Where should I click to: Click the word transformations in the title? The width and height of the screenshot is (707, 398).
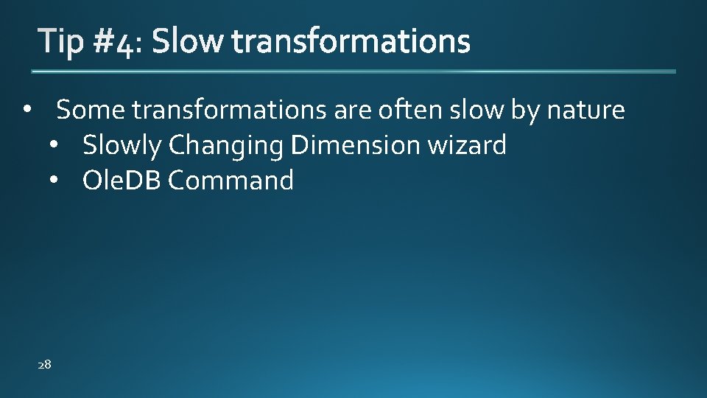pos(351,42)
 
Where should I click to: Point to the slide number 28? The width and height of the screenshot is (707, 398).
pos(44,364)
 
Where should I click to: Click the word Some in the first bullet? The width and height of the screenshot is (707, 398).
pos(91,111)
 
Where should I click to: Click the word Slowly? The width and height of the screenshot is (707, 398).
pos(122,145)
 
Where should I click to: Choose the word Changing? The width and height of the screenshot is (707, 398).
pos(225,146)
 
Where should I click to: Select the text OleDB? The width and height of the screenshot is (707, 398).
pos(122,181)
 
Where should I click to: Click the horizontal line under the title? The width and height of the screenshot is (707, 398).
pos(353,71)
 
